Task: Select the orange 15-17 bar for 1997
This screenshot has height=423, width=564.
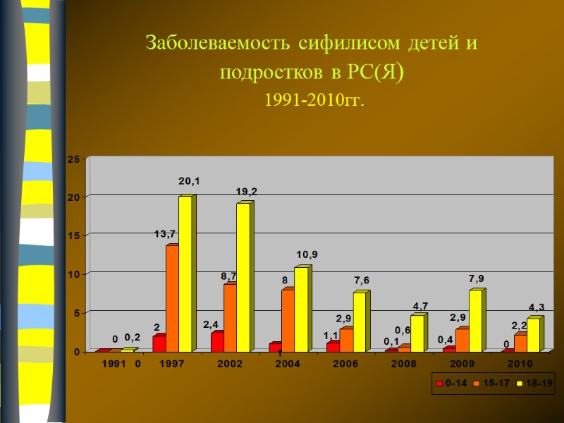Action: click(172, 298)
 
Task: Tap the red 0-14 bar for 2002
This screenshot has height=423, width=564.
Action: click(217, 342)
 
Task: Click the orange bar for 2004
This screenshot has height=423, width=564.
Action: click(288, 320)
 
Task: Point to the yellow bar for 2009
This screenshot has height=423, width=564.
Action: click(475, 321)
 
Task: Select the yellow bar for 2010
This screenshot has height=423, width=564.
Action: click(533, 335)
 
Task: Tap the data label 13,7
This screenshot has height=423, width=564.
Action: click(165, 233)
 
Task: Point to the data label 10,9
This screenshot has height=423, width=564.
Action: click(307, 254)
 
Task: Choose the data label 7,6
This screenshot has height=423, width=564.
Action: click(362, 281)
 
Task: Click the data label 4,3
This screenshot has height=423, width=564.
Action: click(537, 307)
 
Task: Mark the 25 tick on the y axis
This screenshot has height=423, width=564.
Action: click(73, 160)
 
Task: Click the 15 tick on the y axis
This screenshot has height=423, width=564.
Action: click(73, 235)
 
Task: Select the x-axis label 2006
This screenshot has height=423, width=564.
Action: click(345, 364)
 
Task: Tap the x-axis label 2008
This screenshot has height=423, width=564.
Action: click(403, 364)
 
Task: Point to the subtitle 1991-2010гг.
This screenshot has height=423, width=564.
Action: click(314, 101)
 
